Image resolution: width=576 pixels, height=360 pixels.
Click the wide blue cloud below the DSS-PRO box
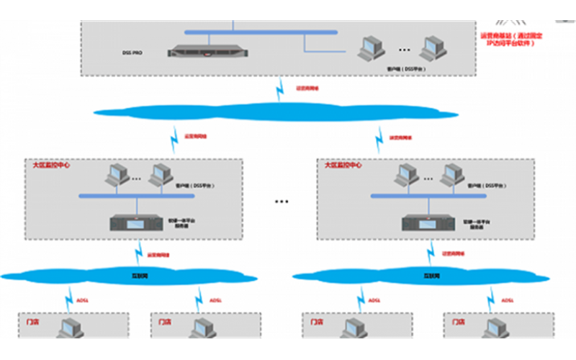coord(274,109)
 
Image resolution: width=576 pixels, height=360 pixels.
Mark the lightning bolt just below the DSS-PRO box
coord(280,90)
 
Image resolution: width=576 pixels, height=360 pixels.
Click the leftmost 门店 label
coord(33,322)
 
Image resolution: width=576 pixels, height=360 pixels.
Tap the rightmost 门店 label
coord(459,322)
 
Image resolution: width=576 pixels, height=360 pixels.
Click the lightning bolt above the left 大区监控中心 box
coord(174,136)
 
